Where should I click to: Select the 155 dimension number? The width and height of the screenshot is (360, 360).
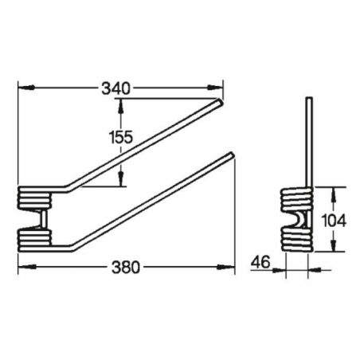coord(120,136)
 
